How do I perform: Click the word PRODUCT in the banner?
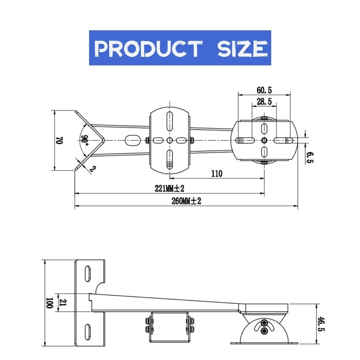click(148, 49)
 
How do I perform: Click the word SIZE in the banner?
click(242, 49)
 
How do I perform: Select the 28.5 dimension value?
click(264, 102)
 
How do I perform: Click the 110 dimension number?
click(217, 174)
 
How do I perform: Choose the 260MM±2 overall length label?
click(186, 201)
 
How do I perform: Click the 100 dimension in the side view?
click(49, 303)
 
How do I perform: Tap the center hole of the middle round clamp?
click(170, 140)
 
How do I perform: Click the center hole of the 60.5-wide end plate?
click(264, 140)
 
